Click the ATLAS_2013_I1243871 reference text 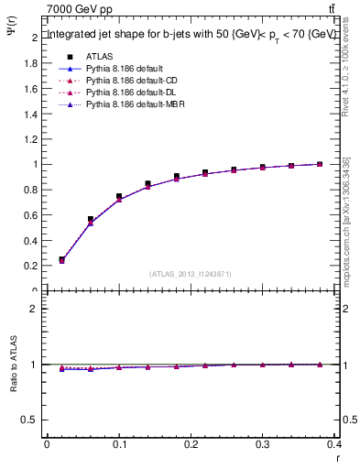191,274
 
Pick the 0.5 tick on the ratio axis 33,420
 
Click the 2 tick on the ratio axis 35,310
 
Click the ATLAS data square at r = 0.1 119,197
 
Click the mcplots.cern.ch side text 347,220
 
